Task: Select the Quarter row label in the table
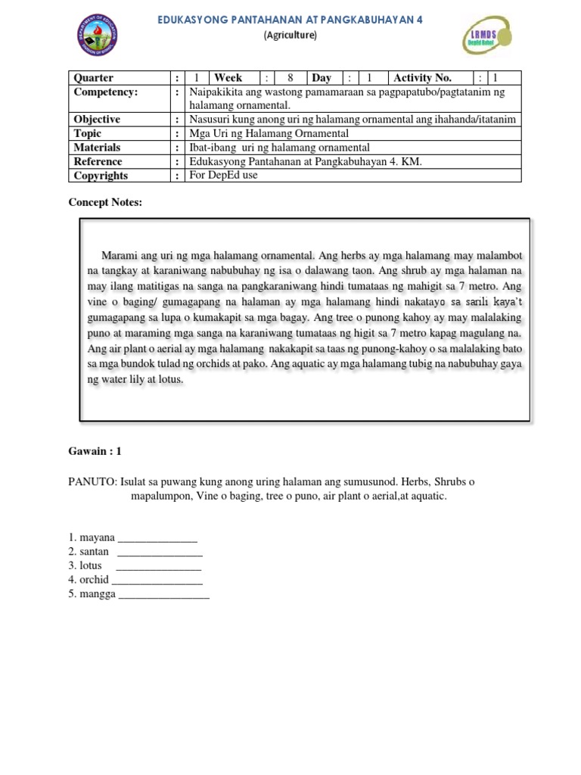(x=93, y=78)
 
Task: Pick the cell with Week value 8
(x=289, y=78)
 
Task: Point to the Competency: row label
(x=106, y=92)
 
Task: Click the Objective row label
(x=97, y=120)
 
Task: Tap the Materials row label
(x=97, y=148)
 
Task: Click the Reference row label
(x=98, y=161)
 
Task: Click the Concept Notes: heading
(x=105, y=202)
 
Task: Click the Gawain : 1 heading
(x=95, y=451)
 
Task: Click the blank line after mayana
(x=158, y=539)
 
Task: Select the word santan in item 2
(x=95, y=552)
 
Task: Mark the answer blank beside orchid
(x=157, y=580)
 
